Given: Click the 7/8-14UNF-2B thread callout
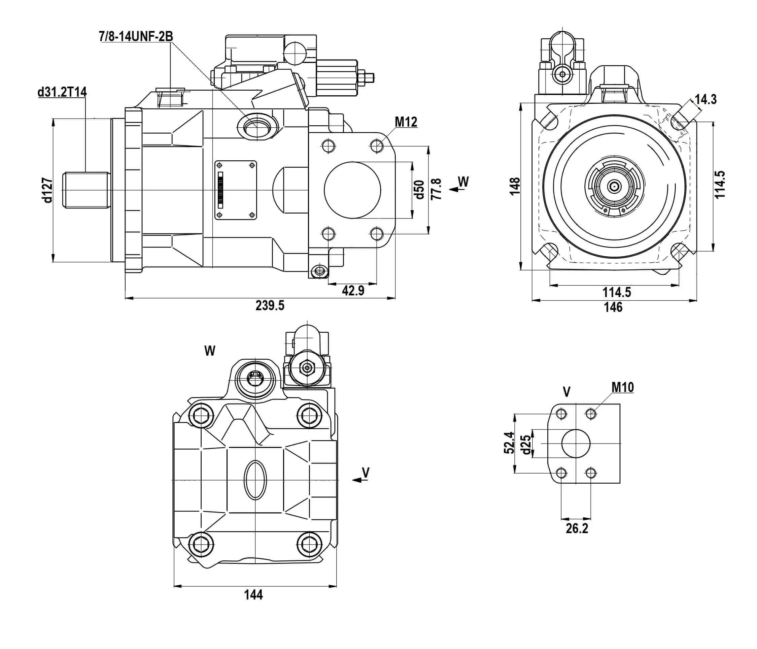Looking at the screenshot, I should (x=136, y=37).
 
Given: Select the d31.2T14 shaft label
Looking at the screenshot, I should (x=62, y=92).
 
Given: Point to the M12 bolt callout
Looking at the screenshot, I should (x=406, y=122).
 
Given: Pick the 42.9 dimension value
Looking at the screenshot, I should (x=353, y=290).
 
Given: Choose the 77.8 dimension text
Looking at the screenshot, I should (x=436, y=189).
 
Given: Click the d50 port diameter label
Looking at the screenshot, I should (x=420, y=189).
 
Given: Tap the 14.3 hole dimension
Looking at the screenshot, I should (x=706, y=99).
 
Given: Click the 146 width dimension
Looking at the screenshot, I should (x=613, y=307).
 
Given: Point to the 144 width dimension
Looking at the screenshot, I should (x=253, y=595).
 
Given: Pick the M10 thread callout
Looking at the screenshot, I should (x=623, y=387).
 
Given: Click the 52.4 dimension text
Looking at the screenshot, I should (x=509, y=443).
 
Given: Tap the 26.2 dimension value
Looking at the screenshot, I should (x=577, y=528).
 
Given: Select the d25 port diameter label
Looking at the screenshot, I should (x=526, y=444).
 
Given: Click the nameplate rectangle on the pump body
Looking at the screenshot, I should (x=236, y=190).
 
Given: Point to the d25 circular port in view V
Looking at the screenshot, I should (x=576, y=444).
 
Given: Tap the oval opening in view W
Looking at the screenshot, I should (x=255, y=480).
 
